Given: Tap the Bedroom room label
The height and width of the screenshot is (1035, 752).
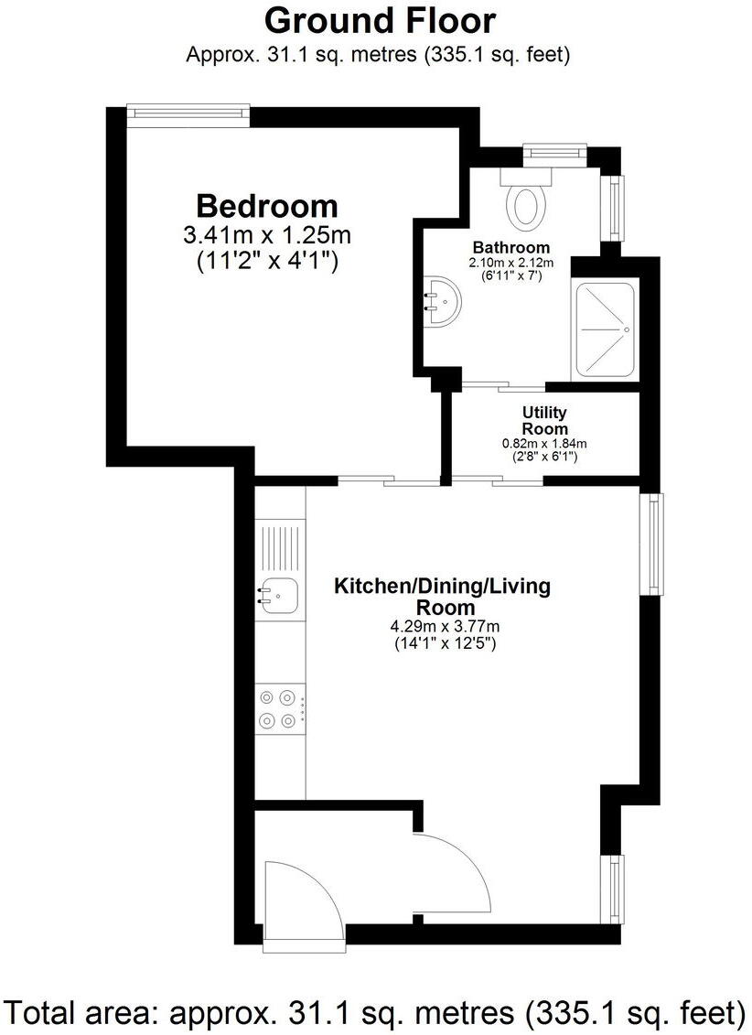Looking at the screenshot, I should pos(267,205).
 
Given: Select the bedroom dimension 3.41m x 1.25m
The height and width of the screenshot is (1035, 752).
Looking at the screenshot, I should pos(267,235).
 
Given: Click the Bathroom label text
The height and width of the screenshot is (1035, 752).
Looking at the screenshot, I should pos(510,247).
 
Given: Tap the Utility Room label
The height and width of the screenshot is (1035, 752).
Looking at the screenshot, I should pos(544,421).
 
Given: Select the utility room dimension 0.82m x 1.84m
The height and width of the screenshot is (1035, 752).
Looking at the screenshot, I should pos(544,443).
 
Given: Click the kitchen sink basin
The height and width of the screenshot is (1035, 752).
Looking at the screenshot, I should pos(277,597).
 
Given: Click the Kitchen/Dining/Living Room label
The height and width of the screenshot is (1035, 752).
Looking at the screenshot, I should pos(442,596).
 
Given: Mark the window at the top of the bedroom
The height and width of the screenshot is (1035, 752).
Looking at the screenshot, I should pos(188,112).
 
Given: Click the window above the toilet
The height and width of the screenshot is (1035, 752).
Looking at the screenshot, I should pos(554,152).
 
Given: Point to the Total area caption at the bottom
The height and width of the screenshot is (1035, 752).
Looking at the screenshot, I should pos(375,1012).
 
